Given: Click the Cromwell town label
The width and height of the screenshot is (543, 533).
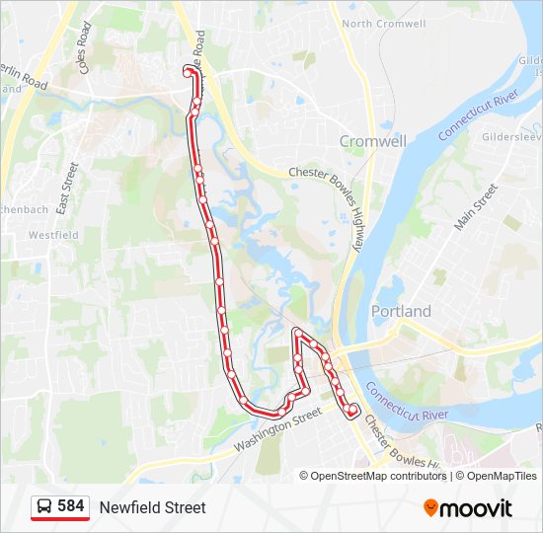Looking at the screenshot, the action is (x=372, y=141).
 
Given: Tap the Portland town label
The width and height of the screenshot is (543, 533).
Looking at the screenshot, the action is (x=401, y=311).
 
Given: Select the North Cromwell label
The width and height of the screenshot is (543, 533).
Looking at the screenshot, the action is (x=384, y=24).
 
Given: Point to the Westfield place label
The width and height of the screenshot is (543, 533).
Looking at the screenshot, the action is (x=52, y=236).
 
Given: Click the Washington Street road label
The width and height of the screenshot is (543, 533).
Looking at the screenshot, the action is (x=278, y=431).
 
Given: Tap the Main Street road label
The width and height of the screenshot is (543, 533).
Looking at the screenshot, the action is (x=476, y=207).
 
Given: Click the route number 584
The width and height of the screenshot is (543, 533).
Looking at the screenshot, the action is (x=71, y=506).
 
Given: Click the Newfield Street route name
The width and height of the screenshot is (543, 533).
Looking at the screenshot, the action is (x=152, y=507).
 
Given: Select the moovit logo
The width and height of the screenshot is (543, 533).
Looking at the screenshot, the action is (x=468, y=508).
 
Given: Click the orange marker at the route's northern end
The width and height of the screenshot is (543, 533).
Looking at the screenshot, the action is (x=188, y=69).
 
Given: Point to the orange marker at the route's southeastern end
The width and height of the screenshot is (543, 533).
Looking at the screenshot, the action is (x=353, y=408).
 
